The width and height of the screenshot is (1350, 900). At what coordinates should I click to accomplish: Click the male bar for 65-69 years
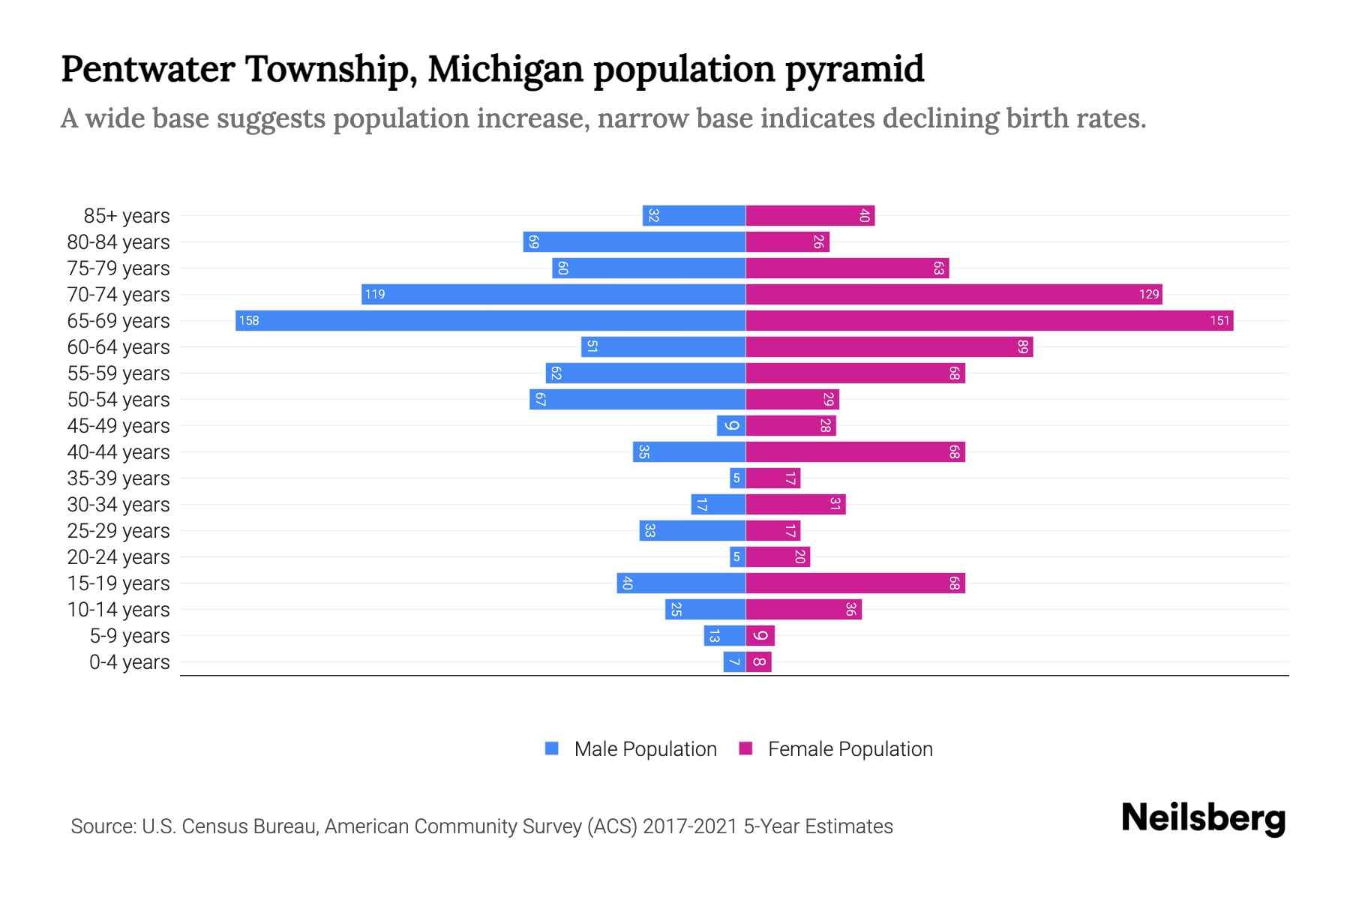[490, 321]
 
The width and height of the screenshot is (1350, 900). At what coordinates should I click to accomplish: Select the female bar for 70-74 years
[953, 295]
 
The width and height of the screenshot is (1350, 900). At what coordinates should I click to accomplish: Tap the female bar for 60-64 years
[889, 347]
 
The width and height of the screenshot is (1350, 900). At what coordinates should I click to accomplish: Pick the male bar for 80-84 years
[634, 242]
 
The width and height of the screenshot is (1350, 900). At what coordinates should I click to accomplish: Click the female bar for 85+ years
[810, 216]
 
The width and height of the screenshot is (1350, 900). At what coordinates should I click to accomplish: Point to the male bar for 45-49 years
[731, 426]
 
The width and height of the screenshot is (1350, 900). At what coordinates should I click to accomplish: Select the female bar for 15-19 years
[855, 583]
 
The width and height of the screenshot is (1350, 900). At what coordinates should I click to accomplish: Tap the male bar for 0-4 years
[734, 662]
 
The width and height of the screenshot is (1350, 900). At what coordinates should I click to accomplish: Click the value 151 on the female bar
[1219, 321]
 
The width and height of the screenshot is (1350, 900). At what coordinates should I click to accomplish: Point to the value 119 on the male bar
[375, 295]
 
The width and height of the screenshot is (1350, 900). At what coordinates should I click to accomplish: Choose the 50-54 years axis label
[118, 400]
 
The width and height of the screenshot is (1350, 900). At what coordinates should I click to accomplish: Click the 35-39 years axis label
[118, 478]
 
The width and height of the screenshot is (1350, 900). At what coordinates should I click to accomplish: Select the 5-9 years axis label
[130, 636]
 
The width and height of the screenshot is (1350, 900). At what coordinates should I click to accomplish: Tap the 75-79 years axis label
[118, 268]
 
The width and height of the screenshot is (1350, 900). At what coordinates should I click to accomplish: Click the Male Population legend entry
[645, 749]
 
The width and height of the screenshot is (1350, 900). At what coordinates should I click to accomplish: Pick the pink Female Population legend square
[745, 748]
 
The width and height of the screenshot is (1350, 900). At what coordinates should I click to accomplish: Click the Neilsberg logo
[1203, 818]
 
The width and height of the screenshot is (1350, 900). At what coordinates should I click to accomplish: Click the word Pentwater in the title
[148, 69]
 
